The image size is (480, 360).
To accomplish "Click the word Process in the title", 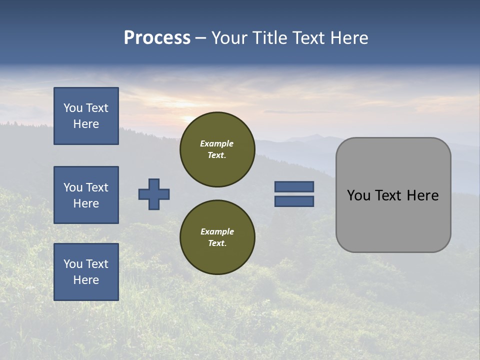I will (x=157, y=38).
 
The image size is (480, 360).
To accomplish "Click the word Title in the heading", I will (x=270, y=38).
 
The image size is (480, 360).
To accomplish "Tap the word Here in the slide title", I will (x=349, y=38).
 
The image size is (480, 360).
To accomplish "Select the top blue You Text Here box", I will (x=86, y=116).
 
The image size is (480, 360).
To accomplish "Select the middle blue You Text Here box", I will (x=86, y=195).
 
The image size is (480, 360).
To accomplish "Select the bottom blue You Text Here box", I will (x=86, y=272).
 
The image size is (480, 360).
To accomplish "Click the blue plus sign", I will (x=154, y=194).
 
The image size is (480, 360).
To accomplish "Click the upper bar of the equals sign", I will (x=294, y=186).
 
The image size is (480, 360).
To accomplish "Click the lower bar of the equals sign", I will (x=294, y=201).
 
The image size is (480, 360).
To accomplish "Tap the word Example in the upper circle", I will (x=217, y=143).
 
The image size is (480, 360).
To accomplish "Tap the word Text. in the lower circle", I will (x=217, y=243).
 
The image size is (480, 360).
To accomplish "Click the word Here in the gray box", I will (x=424, y=195).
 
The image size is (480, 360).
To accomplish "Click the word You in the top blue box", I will (x=73, y=108).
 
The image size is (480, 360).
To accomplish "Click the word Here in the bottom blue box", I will (x=86, y=280).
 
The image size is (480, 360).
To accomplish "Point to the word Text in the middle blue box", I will (x=96, y=187).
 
